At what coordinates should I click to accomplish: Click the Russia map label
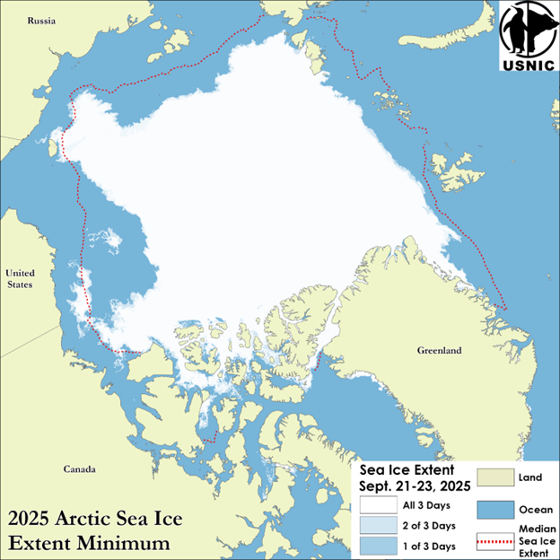[41, 20]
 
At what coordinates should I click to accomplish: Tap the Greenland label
[440, 351]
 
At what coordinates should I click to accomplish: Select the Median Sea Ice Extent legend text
[535, 538]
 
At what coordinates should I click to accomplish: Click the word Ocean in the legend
[535, 508]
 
